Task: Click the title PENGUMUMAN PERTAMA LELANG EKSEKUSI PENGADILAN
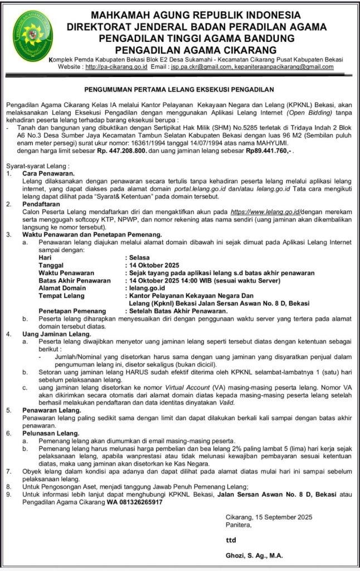[179, 89]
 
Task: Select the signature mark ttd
[231, 540]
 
